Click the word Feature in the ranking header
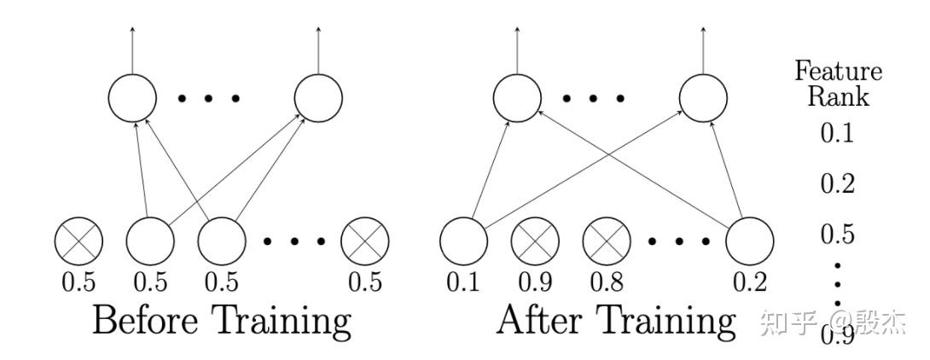coord(838,72)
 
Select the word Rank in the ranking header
coord(838,96)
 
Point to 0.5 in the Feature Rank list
coord(837,234)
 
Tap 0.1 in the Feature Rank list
coord(837,134)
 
